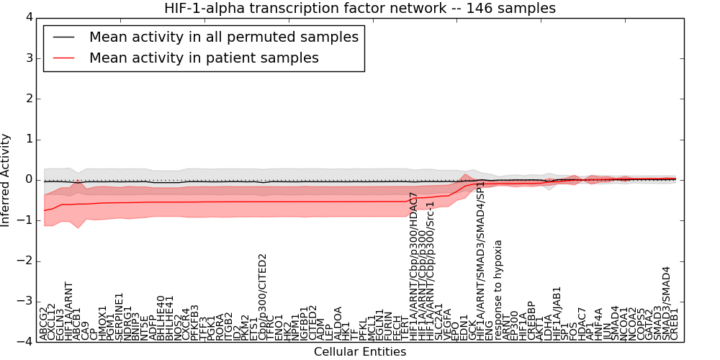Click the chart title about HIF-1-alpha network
tap(360, 8)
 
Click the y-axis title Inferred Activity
tap(6, 180)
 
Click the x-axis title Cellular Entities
tap(360, 352)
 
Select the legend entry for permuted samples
tap(223, 37)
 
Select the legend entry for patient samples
tap(204, 58)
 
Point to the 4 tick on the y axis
tap(28, 17)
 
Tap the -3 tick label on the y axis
tap(24, 302)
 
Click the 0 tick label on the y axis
tap(28, 180)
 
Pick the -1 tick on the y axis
tap(24, 220)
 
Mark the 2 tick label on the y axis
tap(28, 99)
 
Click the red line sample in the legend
tap(63, 58)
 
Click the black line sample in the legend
tap(63, 37)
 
